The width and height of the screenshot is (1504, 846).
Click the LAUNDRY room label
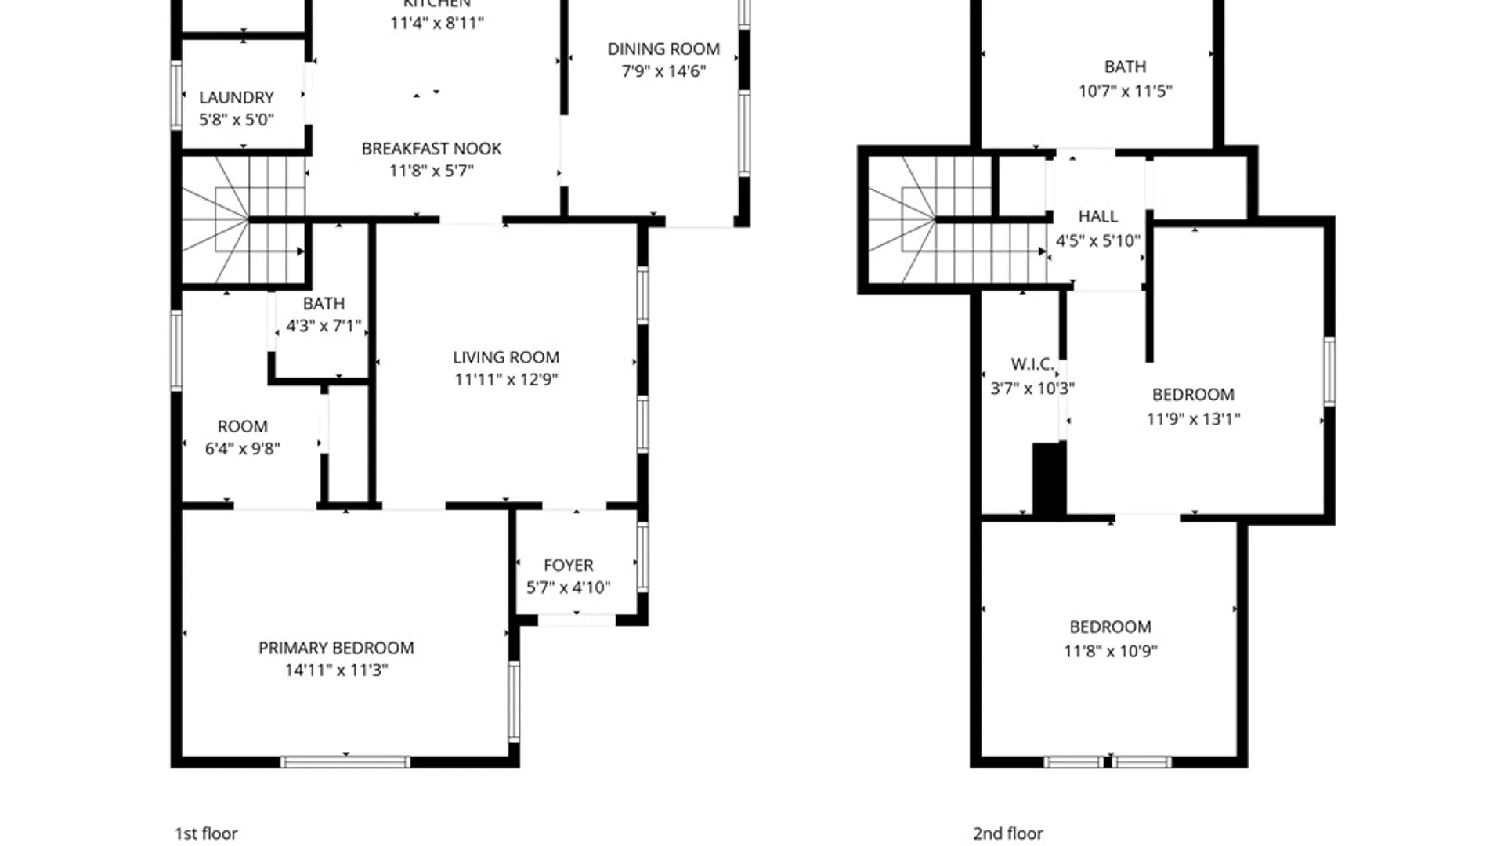pyautogui.click(x=236, y=98)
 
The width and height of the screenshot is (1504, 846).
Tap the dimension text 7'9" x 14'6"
pyautogui.click(x=663, y=71)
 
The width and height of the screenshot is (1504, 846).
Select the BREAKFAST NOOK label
pyautogui.click(x=431, y=149)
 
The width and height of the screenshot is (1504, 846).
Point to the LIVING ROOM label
pyautogui.click(x=506, y=357)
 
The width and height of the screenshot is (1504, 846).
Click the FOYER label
pyautogui.click(x=568, y=565)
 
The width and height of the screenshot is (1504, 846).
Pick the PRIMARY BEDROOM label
pyautogui.click(x=336, y=648)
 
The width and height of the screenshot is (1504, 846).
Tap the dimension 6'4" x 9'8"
pyautogui.click(x=242, y=449)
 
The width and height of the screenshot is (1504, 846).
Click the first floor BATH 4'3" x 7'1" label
pyautogui.click(x=324, y=304)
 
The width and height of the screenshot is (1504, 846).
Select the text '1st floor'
pyautogui.click(x=206, y=833)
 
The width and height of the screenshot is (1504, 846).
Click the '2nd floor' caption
pyautogui.click(x=1007, y=833)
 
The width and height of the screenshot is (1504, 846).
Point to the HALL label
pyautogui.click(x=1097, y=216)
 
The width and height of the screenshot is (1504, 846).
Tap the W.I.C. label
pyautogui.click(x=1032, y=364)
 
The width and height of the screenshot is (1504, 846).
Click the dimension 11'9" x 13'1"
pyautogui.click(x=1193, y=419)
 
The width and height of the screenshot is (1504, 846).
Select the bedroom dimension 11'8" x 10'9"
pyautogui.click(x=1110, y=651)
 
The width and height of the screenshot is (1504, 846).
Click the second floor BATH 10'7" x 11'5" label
pyautogui.click(x=1125, y=67)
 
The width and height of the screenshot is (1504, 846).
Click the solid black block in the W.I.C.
pyautogui.click(x=1049, y=479)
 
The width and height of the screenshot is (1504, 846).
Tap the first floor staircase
pyautogui.click(x=243, y=219)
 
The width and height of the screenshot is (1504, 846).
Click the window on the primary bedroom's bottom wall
pyautogui.click(x=345, y=761)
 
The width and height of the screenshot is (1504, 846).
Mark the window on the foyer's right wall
pyautogui.click(x=642, y=557)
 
